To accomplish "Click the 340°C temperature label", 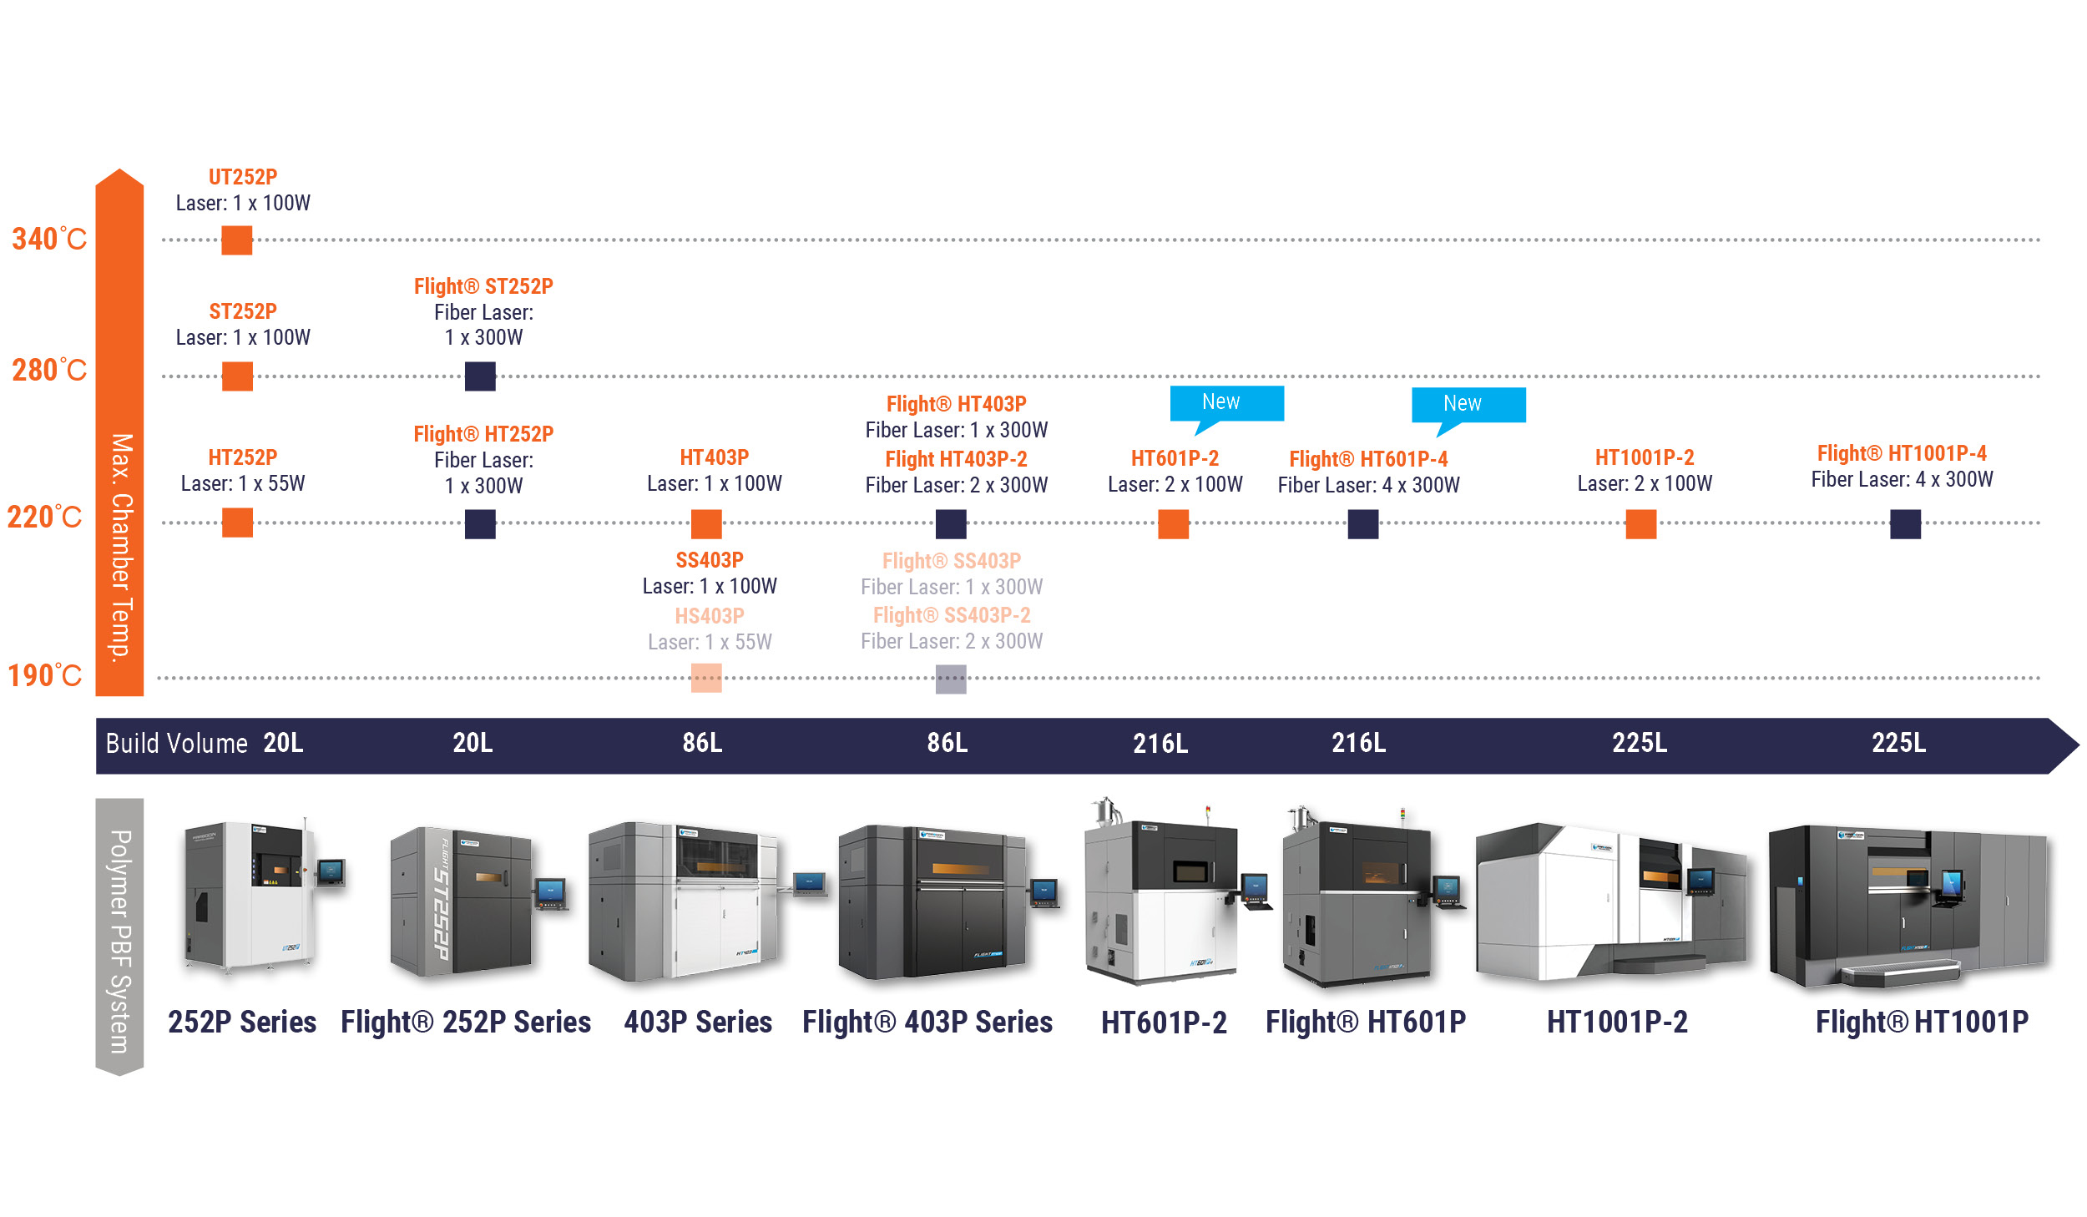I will coord(48,240).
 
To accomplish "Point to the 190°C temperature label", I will coord(44,675).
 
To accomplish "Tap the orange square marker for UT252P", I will coord(237,240).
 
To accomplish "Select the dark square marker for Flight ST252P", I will coord(480,376).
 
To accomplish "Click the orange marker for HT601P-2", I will coord(1173,524).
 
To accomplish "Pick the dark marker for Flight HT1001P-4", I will coord(1905,524).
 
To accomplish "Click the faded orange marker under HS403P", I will coord(706,678).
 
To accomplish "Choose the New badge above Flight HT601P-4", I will coord(1468,405).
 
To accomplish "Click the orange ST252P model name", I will coord(243,311).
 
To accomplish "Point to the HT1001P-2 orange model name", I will coord(1645,457).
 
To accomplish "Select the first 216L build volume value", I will coord(1160,743).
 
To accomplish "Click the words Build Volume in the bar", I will coord(176,743).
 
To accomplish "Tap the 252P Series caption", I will coord(242,1022).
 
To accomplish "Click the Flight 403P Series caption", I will coord(927,1022).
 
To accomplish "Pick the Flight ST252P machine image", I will coord(476,901).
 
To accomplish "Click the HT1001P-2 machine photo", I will coord(1611,901).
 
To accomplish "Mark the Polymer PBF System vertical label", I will coord(120,940).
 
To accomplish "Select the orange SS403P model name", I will coord(710,560).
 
